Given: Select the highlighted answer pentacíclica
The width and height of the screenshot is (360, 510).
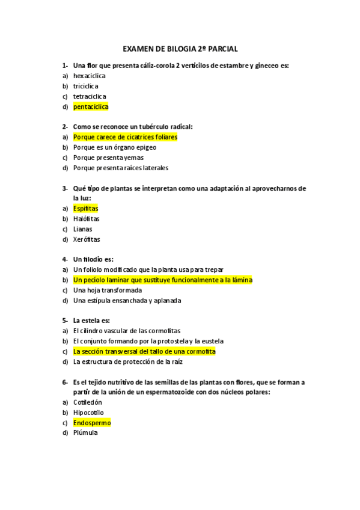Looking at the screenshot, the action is (91, 106).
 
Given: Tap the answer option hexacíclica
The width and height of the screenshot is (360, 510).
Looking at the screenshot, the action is (90, 76).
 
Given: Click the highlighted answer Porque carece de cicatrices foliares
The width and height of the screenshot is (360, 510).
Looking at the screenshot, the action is (125, 137).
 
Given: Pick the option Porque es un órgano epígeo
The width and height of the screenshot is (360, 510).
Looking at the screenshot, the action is (115, 147).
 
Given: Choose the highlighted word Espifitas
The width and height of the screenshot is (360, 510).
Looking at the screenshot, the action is (85, 209).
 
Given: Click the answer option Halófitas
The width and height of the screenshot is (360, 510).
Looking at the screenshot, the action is (86, 219).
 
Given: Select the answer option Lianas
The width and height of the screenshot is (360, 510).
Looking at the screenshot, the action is (82, 229).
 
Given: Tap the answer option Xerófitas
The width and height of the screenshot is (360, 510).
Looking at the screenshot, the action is (87, 239).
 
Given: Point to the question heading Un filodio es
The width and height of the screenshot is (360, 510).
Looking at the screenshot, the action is (93, 259).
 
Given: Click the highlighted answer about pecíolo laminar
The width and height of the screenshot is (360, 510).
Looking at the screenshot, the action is (162, 280).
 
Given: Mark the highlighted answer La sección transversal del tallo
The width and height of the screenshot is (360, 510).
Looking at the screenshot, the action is (144, 351).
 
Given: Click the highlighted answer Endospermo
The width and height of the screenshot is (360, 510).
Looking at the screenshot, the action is (92, 423).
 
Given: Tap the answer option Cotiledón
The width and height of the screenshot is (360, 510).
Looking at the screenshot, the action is (88, 402).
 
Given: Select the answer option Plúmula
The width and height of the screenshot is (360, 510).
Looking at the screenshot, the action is (85, 433).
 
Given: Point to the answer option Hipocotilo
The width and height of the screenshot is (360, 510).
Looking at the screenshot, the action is (88, 413).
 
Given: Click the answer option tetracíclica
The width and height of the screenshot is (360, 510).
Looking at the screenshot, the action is (90, 96).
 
